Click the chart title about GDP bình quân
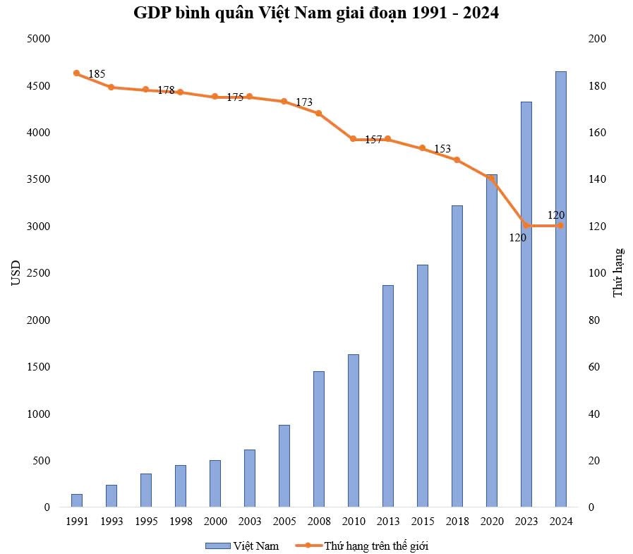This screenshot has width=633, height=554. point(316,13)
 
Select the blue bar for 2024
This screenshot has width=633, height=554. point(560,289)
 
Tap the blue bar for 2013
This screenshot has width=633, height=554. point(387,396)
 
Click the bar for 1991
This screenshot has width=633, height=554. point(76,500)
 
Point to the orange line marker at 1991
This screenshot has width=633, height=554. point(76,73)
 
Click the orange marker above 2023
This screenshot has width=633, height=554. point(526,226)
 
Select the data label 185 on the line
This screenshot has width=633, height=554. point(97,74)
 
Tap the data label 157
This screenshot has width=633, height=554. point(373,140)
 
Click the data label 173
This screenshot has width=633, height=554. point(303,102)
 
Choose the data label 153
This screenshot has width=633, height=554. point(442,149)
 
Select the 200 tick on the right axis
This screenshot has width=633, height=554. point(597,39)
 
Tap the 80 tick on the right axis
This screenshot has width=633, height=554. point(594,320)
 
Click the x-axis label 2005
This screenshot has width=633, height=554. point(284,522)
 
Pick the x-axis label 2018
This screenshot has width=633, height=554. point(457,522)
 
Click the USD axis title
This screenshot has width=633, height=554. point(16,272)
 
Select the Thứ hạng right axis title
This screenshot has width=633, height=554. point(618,272)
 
